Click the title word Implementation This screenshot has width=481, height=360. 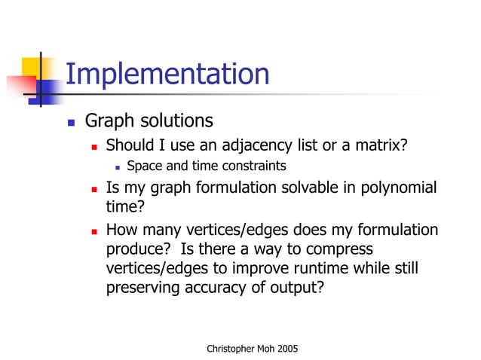(x=167, y=75)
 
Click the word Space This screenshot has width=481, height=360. (x=144, y=166)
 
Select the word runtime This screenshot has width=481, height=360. (x=307, y=268)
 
